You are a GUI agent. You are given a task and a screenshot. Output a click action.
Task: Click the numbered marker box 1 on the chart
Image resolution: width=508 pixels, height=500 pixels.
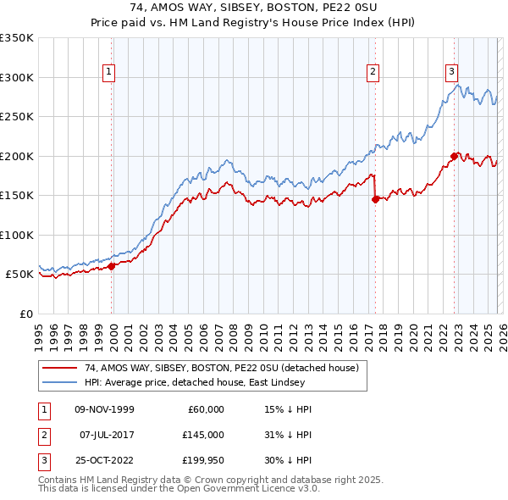109,73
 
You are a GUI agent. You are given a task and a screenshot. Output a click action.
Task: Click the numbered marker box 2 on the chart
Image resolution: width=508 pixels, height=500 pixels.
373,73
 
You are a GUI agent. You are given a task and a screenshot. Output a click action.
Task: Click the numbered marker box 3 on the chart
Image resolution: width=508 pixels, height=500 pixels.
452,73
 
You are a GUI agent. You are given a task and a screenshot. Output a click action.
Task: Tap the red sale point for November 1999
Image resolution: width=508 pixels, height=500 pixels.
111,266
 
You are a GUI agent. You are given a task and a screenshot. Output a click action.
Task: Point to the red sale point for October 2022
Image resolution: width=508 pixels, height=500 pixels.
455,156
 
